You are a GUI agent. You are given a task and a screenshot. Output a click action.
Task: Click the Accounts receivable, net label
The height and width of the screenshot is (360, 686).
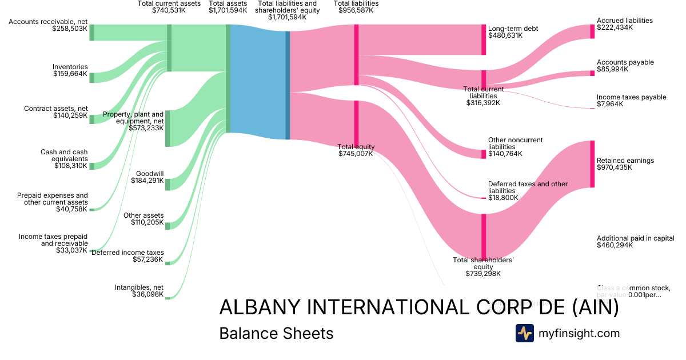tap(49, 22)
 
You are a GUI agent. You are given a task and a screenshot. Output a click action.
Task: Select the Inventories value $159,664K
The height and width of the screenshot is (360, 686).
tap(70, 74)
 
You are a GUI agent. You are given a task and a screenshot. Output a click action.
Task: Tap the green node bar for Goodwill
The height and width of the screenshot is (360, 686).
tap(167, 184)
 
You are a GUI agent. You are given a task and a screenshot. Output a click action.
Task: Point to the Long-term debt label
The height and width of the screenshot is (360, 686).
tap(513, 29)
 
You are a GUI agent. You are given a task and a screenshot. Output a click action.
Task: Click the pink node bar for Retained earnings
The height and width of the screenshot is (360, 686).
tap(592, 164)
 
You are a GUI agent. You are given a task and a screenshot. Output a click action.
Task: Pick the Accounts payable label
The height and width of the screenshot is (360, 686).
tap(625, 62)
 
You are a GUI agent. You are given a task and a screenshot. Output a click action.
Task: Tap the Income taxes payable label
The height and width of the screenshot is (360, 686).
tap(631, 97)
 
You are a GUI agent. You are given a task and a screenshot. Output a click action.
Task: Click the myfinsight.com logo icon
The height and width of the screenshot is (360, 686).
tap(524, 333)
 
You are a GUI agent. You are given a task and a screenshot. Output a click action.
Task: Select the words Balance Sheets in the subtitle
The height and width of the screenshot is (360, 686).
tap(276, 333)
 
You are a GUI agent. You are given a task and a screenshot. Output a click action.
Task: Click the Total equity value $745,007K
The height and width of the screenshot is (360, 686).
tap(356, 154)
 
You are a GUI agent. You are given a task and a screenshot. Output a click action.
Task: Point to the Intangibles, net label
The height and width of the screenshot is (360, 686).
tap(139, 287)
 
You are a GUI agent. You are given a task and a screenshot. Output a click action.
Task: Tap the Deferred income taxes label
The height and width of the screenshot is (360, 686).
tap(127, 253)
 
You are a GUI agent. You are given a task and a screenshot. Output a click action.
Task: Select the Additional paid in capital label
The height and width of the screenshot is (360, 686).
tap(635, 238)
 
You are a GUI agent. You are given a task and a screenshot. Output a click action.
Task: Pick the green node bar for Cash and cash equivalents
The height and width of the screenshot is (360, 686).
tap(91, 166)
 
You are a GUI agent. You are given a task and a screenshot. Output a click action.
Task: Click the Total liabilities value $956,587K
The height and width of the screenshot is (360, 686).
tap(356, 10)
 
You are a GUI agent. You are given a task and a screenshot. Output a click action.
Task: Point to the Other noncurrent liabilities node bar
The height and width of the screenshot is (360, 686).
tap(484, 154)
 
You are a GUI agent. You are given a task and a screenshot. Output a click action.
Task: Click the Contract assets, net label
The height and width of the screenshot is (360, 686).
tap(56, 109)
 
